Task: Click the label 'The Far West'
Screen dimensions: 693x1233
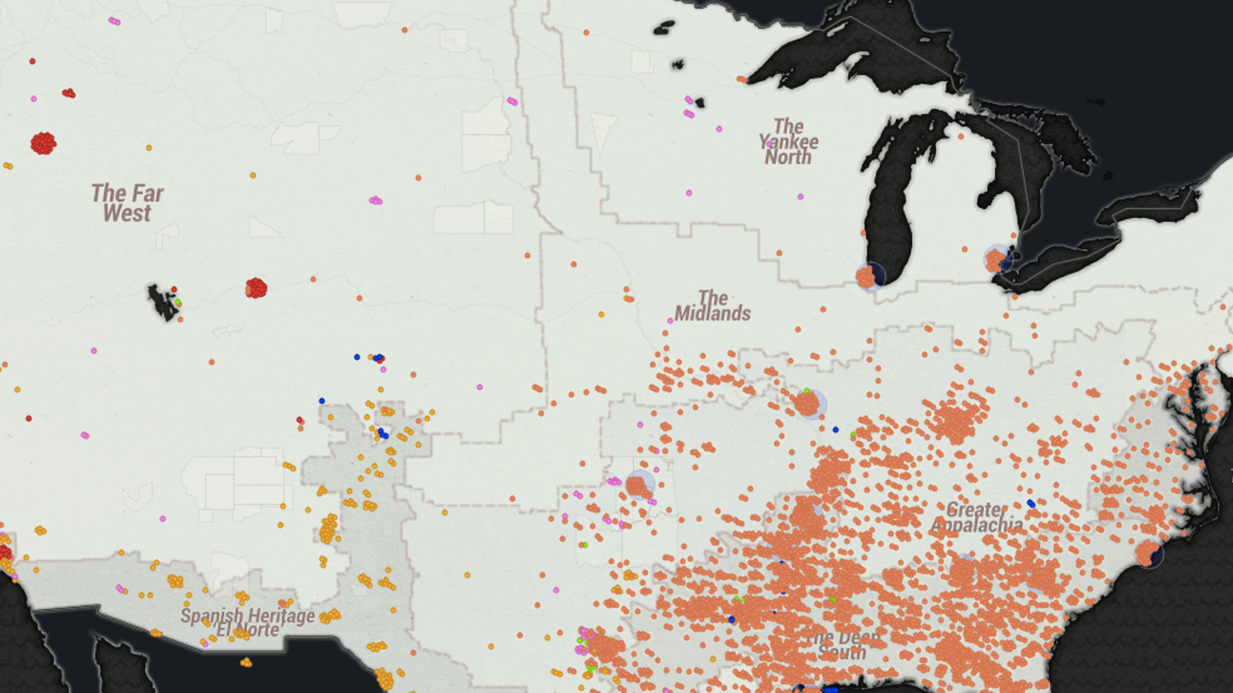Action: click(x=127, y=203)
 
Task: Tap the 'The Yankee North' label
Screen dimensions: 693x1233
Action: click(x=788, y=142)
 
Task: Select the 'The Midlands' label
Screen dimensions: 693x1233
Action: click(x=712, y=306)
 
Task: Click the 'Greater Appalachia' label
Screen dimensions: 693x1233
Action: click(x=976, y=517)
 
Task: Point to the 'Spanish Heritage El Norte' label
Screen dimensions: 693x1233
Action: click(x=248, y=622)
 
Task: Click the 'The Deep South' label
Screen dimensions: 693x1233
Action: click(x=843, y=645)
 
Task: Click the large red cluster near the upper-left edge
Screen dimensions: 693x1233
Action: click(x=43, y=143)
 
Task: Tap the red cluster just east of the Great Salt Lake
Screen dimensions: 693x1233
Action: click(x=256, y=288)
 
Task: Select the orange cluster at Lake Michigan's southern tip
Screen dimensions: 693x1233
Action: click(x=867, y=277)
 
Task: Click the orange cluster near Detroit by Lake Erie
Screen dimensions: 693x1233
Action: click(x=996, y=260)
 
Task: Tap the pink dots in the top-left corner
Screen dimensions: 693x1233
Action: click(x=114, y=22)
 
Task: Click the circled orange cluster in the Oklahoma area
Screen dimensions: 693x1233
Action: click(x=638, y=485)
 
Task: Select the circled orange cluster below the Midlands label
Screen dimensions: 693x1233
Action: click(x=808, y=404)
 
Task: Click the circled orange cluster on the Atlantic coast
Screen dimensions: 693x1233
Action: click(x=1147, y=554)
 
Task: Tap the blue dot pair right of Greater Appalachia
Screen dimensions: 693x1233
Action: click(x=1031, y=504)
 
